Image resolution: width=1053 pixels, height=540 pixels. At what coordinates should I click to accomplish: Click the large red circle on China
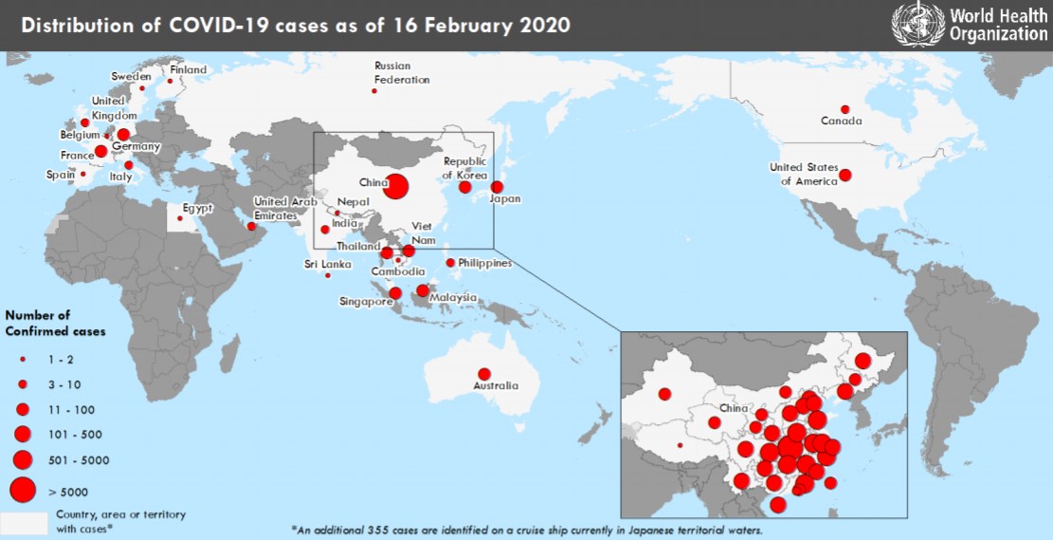tap(395, 187)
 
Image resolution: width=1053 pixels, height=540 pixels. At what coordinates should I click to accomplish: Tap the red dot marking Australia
tap(484, 374)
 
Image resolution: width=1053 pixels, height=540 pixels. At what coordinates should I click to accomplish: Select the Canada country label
tap(841, 121)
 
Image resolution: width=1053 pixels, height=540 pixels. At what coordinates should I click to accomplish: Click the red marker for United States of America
tap(844, 176)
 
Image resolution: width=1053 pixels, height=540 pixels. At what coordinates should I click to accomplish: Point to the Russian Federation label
tap(402, 73)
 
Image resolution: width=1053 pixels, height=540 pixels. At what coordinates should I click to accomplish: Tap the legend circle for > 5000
tap(22, 489)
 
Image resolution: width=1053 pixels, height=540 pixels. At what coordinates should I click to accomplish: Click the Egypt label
tap(198, 208)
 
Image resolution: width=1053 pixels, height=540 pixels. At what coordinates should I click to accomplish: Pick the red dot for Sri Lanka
tap(328, 275)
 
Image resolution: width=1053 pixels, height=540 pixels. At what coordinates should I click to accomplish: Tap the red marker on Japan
tap(497, 187)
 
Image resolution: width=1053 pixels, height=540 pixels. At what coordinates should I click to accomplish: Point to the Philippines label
tap(484, 263)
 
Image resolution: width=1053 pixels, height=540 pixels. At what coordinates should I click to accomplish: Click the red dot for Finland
tap(171, 81)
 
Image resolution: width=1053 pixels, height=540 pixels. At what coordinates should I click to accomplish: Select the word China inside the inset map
tap(735, 408)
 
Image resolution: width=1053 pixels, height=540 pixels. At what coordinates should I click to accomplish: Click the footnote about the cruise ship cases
tap(526, 529)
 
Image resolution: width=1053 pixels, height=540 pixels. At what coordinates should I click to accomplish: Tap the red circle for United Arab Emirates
tap(251, 226)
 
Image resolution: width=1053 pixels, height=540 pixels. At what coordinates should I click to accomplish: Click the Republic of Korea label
tap(464, 168)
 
